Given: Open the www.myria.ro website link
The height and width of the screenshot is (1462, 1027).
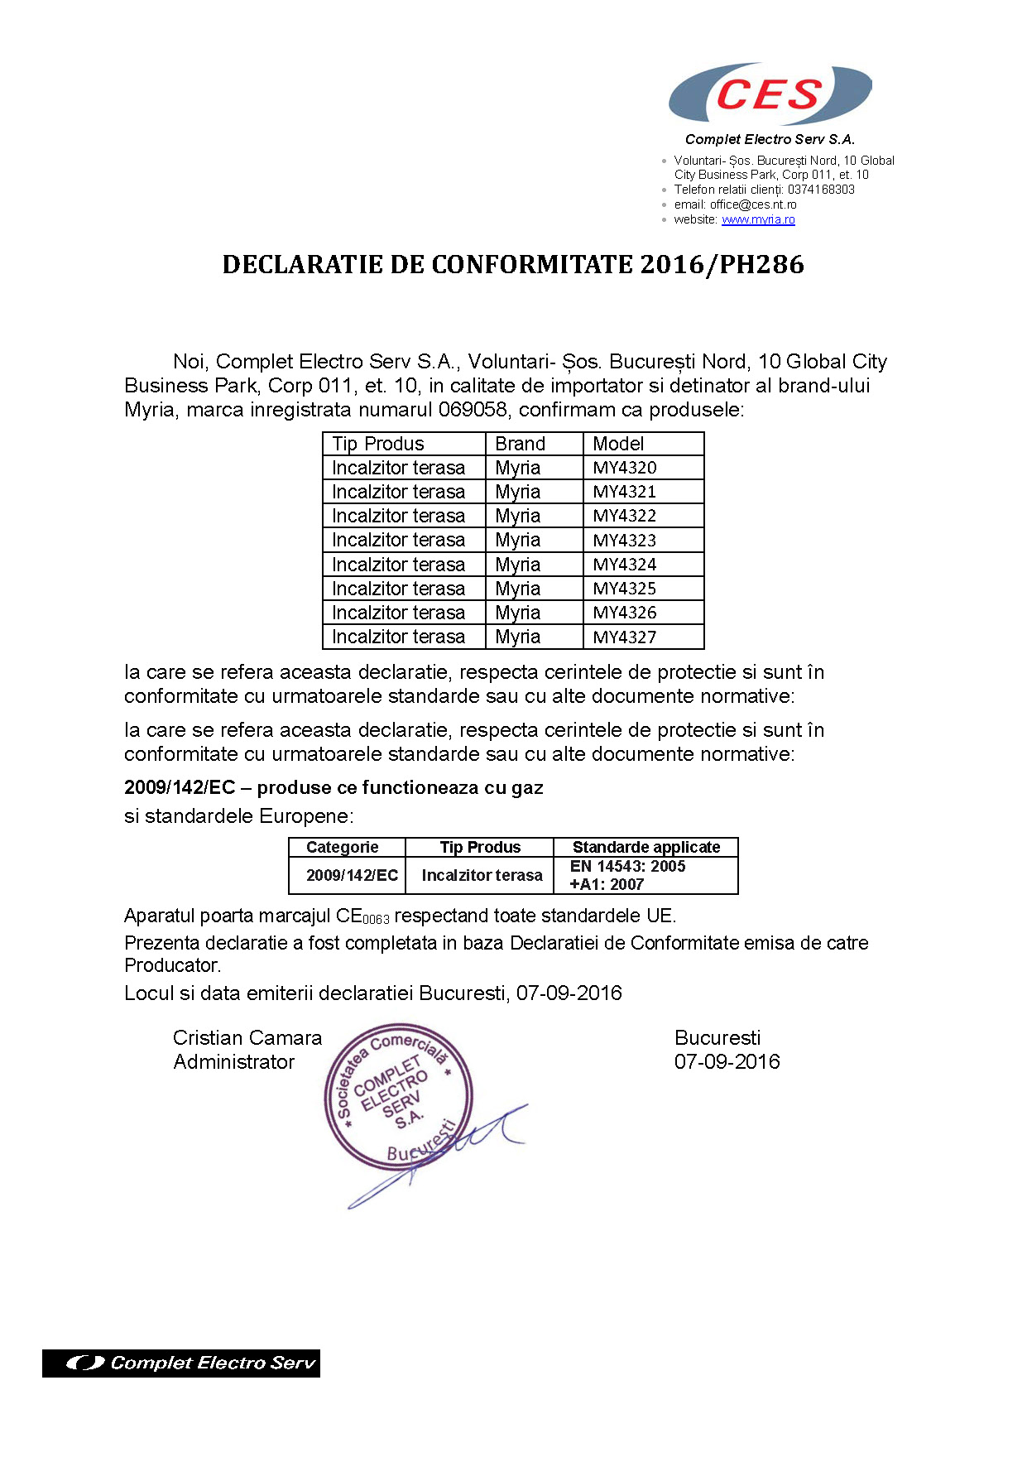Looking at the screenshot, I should pos(758,219).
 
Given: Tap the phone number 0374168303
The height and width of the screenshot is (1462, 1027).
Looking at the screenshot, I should pos(821,190).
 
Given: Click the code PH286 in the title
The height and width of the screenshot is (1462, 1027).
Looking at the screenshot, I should pos(761,265).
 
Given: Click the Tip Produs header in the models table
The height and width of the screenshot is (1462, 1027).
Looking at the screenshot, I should pos(378,444).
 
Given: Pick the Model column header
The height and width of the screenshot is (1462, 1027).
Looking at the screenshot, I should pos(618,444).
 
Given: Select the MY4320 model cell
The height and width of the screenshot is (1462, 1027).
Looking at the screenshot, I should pos(625,468).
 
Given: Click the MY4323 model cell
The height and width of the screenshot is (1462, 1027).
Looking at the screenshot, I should pos(625,541).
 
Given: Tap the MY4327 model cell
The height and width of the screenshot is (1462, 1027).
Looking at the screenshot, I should pos(625,637).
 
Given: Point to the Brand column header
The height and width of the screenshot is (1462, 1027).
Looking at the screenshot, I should pos(521,444).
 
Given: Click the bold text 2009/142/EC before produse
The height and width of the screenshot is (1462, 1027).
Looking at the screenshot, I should pos(180,787).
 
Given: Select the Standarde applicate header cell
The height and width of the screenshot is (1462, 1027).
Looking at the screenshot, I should pos(646,847).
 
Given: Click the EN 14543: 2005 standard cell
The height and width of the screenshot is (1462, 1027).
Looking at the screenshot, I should pos(628,867).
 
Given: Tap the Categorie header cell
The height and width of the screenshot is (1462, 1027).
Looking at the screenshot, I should pos(343,847).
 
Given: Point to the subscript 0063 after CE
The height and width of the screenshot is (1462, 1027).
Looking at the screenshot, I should pos(376,920).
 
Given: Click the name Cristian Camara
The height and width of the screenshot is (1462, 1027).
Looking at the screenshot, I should pos(247,1038).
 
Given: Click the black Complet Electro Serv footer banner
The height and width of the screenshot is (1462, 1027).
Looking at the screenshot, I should pos(181,1363).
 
